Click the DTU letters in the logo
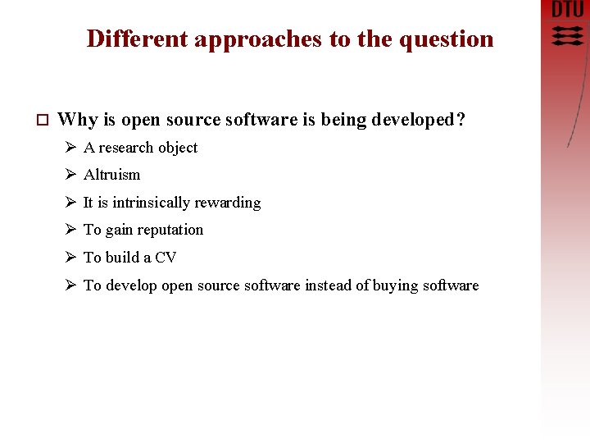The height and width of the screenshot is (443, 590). [x=568, y=11]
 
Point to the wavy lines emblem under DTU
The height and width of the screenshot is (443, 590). [x=568, y=35]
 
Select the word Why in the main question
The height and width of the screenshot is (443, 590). [x=78, y=120]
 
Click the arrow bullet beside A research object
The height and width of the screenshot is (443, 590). [x=70, y=148]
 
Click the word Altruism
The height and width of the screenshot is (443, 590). [x=111, y=175]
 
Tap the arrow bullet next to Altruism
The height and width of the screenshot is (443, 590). [x=70, y=175]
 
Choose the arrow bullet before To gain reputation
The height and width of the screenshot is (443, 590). [x=70, y=230]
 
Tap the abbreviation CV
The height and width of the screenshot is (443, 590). [x=166, y=258]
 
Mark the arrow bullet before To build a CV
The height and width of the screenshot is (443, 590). [x=70, y=258]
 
